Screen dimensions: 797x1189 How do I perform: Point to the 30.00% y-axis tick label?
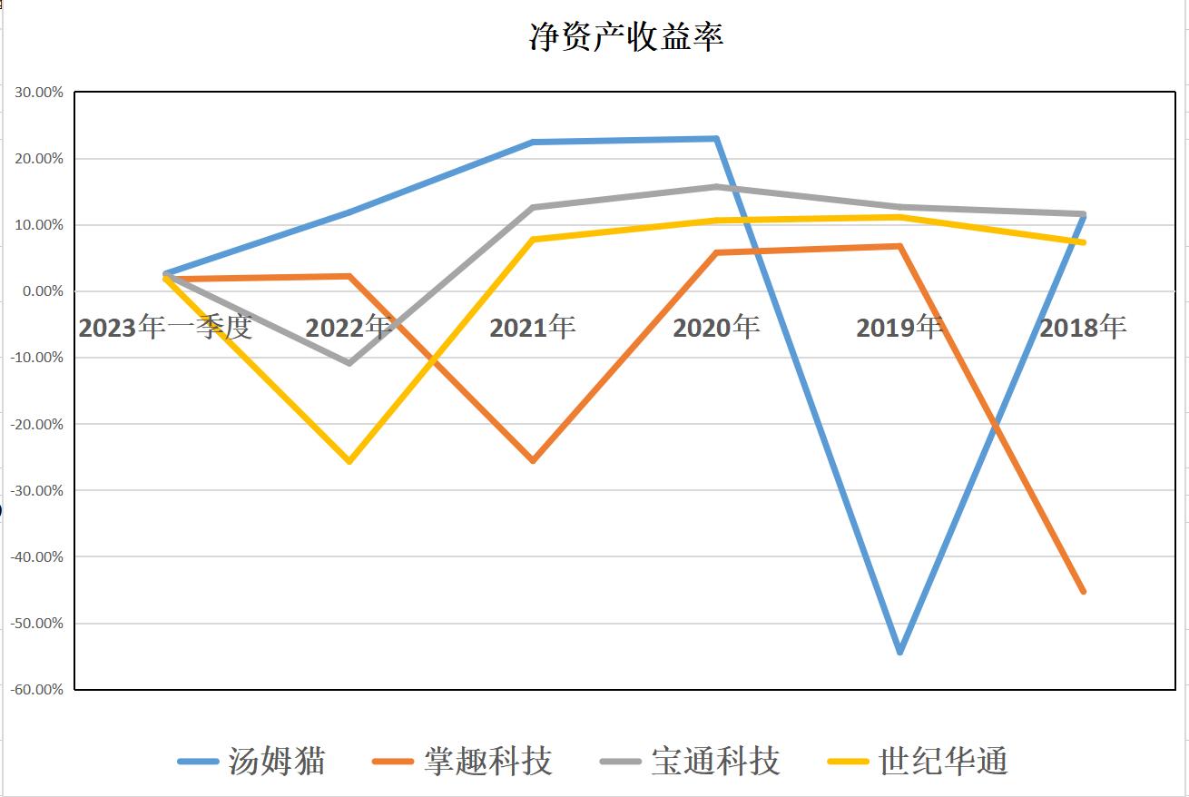coord(38,93)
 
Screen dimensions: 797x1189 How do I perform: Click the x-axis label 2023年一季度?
coord(165,327)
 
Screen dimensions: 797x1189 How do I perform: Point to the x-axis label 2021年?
coord(533,327)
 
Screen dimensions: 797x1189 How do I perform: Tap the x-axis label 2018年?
coord(1083,327)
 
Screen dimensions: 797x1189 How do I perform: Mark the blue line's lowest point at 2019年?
coord(899,652)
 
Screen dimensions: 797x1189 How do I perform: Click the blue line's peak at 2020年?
coord(716,139)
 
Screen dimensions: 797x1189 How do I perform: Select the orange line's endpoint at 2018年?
coord(1083,592)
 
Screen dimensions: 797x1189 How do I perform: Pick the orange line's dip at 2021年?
coord(533,461)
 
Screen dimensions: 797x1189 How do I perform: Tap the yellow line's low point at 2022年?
coord(349,461)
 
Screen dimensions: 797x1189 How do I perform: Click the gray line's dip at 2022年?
coord(349,363)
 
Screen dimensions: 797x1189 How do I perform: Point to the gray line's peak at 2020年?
coord(716,187)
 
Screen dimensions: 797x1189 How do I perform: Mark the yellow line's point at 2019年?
coord(899,217)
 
